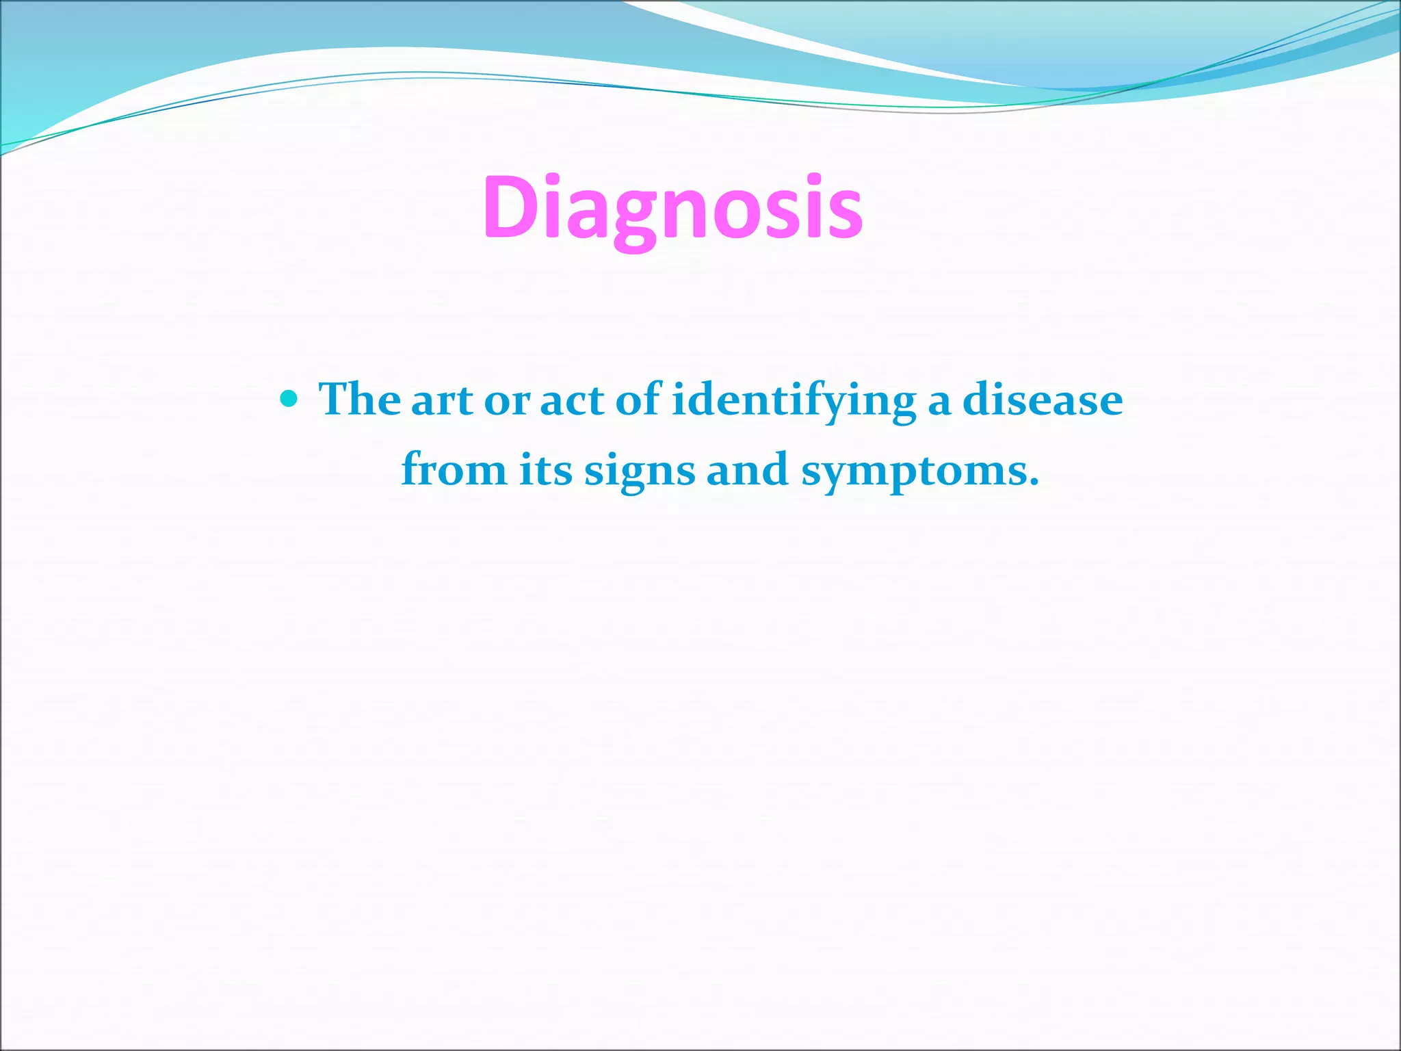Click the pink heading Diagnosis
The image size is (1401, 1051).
pos(673,208)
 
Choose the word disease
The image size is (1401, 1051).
pos(1043,400)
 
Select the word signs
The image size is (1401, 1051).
pos(639,472)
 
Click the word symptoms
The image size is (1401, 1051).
pos(914,472)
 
